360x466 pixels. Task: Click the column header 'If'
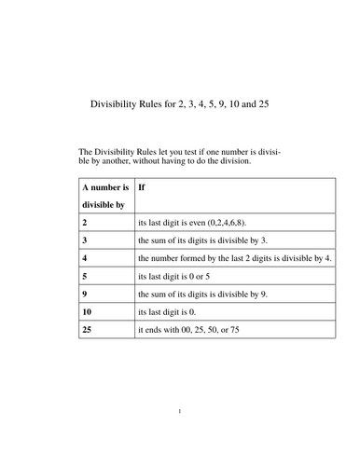(142, 187)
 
